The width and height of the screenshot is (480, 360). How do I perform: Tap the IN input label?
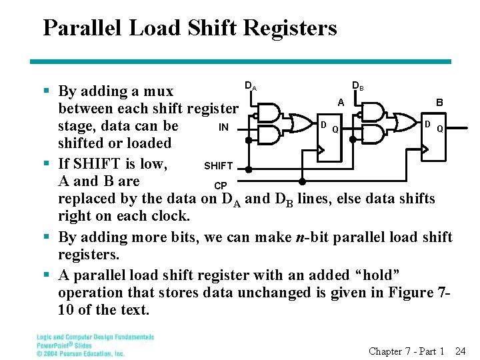click(224, 127)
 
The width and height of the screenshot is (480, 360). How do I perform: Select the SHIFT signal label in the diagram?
click(218, 166)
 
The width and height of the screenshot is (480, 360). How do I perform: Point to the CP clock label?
click(220, 185)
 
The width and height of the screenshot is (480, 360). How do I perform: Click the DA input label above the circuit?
click(251, 86)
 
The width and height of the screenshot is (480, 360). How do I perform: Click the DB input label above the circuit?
click(358, 86)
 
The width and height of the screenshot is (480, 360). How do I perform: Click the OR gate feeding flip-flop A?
click(295, 123)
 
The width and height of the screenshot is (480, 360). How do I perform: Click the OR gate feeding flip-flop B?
click(402, 123)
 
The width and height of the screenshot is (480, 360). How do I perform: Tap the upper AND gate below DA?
click(269, 113)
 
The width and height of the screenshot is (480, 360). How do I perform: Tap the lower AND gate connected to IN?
click(269, 135)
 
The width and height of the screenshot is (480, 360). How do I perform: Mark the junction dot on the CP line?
click(302, 181)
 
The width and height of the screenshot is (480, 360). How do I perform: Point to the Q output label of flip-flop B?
click(440, 130)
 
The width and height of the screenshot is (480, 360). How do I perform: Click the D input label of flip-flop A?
click(323, 125)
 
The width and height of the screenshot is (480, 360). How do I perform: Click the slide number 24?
click(460, 351)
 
